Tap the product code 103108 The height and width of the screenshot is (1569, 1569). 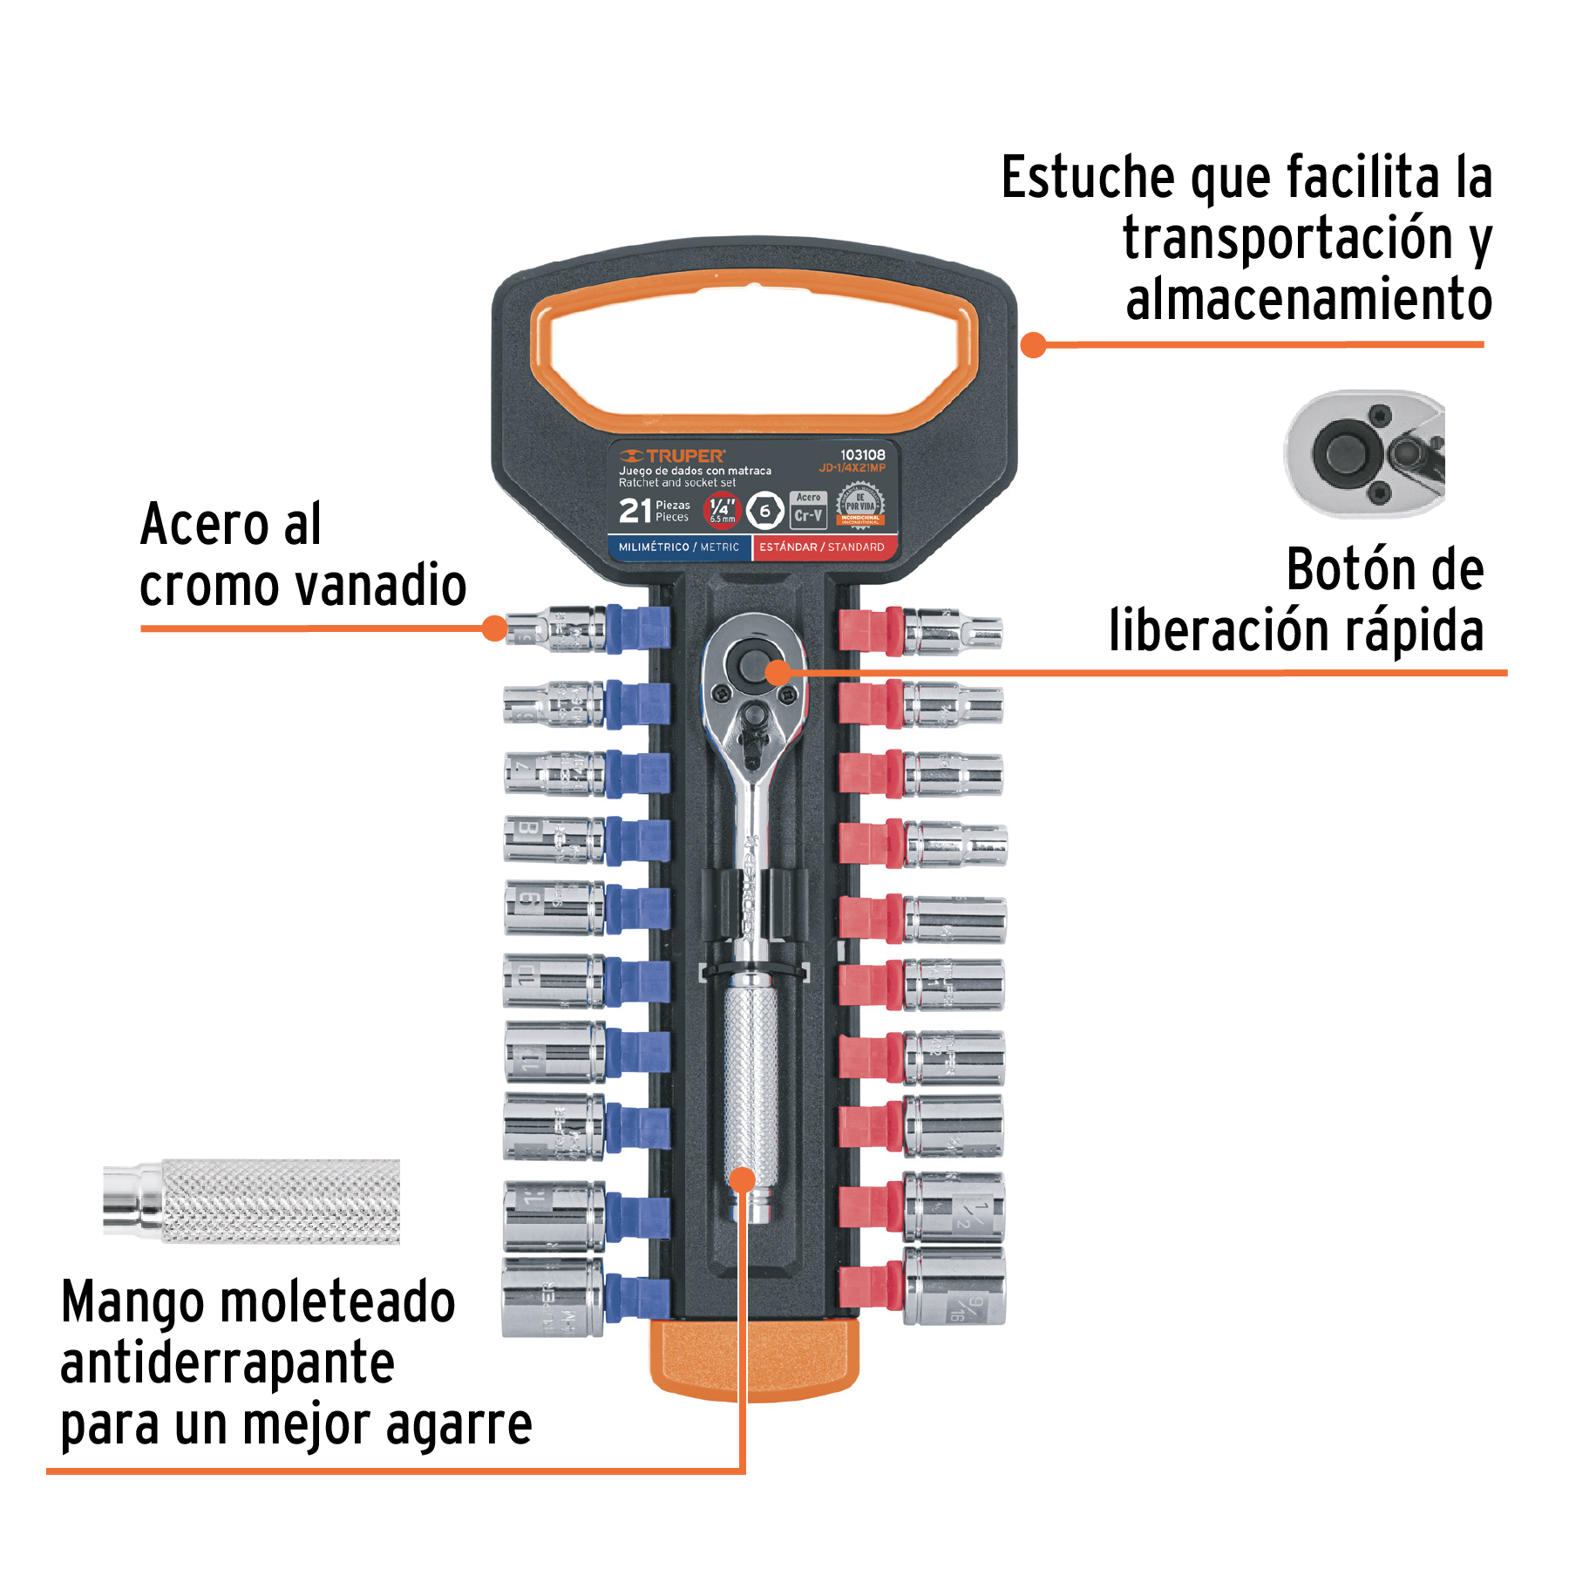tap(862, 455)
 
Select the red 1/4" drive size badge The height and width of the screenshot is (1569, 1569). tap(722, 510)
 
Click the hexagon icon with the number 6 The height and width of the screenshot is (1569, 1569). tap(765, 511)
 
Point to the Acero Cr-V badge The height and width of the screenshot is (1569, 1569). tap(808, 510)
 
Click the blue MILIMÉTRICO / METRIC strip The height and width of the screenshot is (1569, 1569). tap(678, 547)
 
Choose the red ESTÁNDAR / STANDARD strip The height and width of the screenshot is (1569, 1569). tap(821, 547)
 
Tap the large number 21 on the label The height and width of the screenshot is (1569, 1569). tap(635, 511)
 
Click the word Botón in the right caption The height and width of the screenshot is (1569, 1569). tap(1342, 571)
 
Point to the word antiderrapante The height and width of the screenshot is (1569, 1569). tap(227, 1363)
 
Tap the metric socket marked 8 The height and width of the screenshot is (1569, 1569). tap(553, 839)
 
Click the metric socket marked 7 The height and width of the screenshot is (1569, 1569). tap(553, 772)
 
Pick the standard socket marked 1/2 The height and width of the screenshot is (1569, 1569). tap(954, 1207)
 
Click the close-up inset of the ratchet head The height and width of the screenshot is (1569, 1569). tap(1364, 454)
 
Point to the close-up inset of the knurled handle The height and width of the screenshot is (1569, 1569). tap(253, 1200)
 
